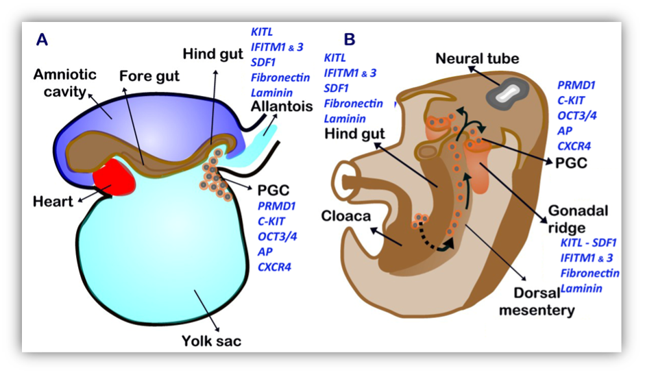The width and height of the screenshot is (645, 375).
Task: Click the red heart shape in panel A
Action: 114,178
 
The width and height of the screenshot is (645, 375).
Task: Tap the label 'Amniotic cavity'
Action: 64,83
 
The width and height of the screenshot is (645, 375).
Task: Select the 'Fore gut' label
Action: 149,76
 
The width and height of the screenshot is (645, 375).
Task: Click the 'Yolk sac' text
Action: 211,341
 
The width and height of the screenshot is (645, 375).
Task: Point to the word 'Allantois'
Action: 282,107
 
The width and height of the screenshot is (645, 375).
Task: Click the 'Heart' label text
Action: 53,202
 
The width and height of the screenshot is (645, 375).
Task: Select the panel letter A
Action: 42,40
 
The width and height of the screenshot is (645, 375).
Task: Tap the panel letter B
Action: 350,40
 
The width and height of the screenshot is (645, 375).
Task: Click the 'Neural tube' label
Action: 477,58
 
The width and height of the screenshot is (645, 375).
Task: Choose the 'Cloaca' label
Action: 346,216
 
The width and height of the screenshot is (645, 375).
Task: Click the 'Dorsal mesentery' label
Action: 537,302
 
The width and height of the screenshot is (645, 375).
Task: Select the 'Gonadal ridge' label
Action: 578,219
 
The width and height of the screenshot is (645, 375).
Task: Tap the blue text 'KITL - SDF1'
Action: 588,243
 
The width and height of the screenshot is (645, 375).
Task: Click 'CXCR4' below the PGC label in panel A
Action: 274,267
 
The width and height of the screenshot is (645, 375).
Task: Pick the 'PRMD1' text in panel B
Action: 576,85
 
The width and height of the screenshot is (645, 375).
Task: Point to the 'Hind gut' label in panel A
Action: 212,54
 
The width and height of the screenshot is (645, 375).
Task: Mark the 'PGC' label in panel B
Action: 571,163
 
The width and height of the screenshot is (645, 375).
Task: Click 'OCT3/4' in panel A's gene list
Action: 277,237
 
